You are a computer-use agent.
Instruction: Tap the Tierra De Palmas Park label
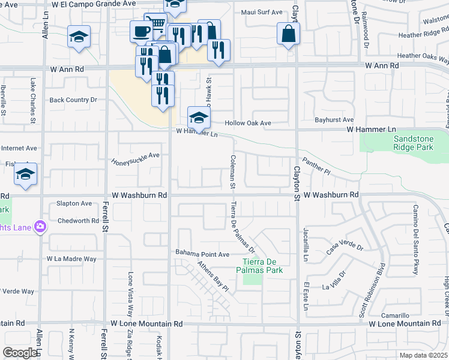coord(262,265)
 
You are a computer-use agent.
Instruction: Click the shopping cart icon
coord(157,24)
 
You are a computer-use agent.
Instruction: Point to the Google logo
coord(20,353)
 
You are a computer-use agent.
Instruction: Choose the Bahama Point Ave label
coord(202,254)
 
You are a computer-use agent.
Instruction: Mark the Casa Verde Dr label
coord(345,247)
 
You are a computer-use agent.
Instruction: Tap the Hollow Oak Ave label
coord(248,123)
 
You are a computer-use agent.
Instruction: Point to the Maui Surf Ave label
coord(261,12)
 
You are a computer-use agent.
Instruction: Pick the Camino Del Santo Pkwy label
coord(415,239)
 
